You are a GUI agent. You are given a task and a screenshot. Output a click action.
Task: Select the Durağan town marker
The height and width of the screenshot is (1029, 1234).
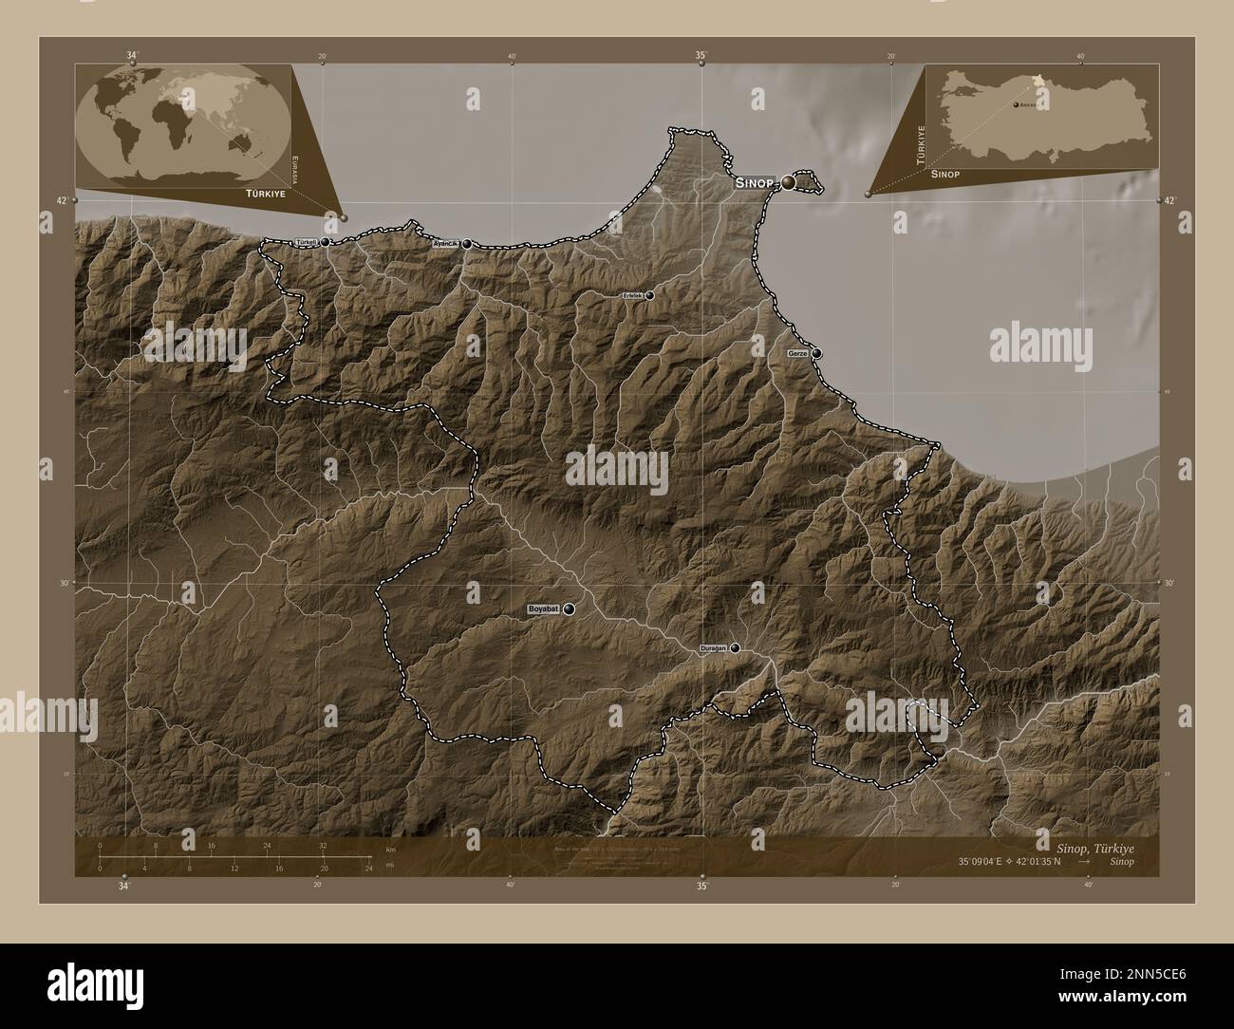point(735,648)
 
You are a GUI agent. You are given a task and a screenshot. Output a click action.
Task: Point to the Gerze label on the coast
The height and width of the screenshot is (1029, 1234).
point(797,353)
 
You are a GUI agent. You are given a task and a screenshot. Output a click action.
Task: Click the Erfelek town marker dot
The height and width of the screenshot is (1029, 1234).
point(649,295)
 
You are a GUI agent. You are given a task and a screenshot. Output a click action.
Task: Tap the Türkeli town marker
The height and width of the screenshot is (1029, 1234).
point(326,242)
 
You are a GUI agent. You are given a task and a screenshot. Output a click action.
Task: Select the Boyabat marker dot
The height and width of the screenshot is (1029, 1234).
point(569,608)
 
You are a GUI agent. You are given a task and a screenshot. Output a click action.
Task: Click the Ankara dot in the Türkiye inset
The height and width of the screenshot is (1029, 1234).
point(1016,104)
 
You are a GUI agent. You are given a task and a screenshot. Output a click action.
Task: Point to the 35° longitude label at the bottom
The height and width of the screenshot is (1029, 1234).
point(701,887)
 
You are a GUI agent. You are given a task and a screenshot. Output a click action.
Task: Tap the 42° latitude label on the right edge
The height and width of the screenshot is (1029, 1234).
point(1169,200)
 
